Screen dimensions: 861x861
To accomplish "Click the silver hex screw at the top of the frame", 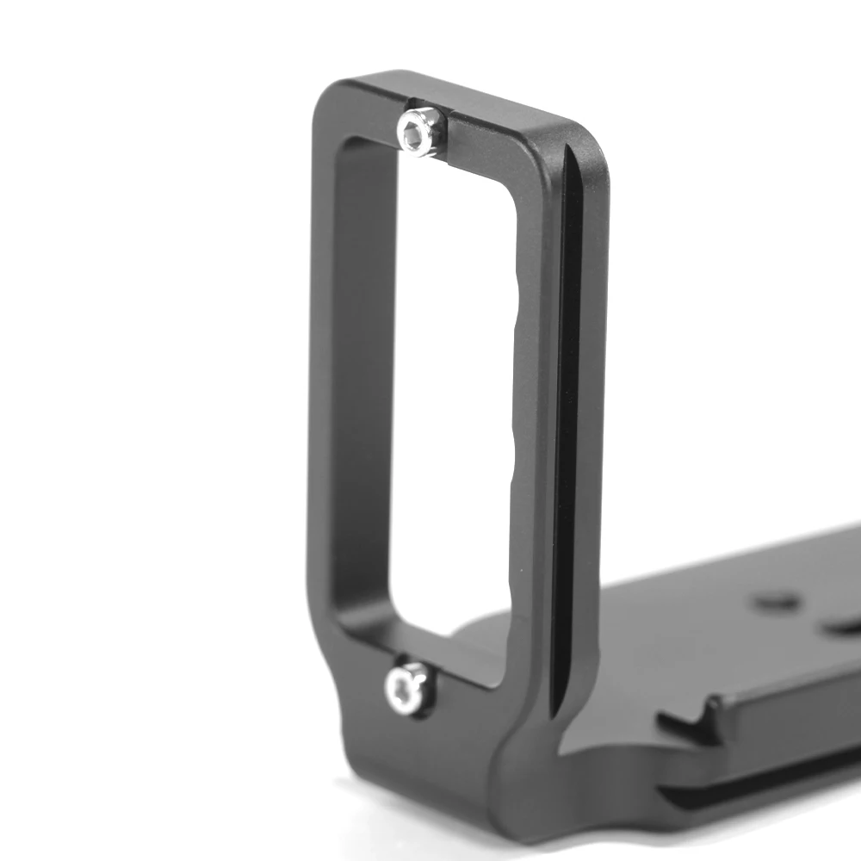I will pos(419,132).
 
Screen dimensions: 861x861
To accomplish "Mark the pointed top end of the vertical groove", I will pos(569,151).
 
